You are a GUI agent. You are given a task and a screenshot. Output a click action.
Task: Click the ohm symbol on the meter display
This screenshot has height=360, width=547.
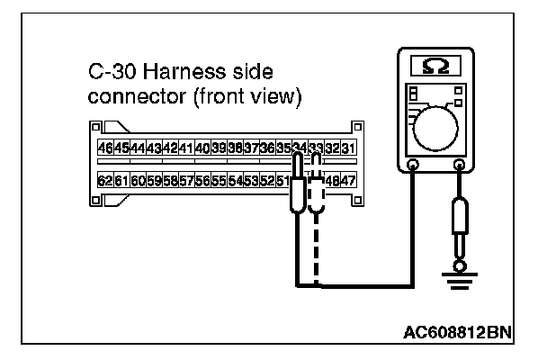[x=437, y=65]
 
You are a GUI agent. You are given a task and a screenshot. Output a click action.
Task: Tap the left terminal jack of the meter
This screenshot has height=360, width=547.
[x=413, y=165]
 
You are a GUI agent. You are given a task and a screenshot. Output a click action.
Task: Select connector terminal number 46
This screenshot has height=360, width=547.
[x=104, y=148]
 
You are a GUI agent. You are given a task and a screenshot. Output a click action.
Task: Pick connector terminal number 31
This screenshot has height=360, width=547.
[x=348, y=148]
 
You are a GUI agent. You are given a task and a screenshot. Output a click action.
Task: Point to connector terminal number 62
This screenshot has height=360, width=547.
[x=104, y=180]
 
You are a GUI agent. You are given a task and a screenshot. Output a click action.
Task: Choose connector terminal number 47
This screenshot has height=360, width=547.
[x=348, y=180]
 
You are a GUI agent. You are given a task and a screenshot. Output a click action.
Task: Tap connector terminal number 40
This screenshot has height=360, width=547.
[x=202, y=148]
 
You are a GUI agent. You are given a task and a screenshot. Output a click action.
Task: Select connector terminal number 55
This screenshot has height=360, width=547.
[x=219, y=180]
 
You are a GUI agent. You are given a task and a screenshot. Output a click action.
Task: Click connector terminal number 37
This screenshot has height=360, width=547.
[x=251, y=148]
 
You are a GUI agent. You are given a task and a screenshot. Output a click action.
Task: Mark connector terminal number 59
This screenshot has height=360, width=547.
[x=153, y=180]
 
